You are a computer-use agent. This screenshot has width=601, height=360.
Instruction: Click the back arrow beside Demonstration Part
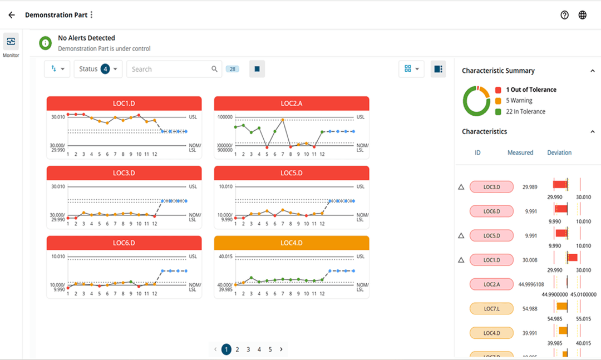12,15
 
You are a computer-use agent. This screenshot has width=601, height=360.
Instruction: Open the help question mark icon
564,15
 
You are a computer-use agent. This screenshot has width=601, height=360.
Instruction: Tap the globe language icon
582,15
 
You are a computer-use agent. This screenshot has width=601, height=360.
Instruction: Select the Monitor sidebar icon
11,41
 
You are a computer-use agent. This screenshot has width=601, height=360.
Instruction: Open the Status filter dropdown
98,69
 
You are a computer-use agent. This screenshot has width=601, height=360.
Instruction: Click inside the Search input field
170,69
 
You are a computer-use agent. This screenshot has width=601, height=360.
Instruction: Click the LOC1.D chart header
124,103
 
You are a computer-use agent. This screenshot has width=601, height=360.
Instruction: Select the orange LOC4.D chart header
291,243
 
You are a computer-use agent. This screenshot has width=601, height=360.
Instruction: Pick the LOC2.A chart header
291,103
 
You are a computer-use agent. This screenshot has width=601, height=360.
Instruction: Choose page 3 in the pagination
248,349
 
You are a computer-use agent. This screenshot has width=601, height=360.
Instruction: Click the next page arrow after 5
281,349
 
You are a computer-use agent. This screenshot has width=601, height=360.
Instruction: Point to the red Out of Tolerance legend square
498,90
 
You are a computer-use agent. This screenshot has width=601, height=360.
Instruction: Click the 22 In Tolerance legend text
525,112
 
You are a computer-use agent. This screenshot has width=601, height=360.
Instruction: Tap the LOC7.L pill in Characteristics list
491,308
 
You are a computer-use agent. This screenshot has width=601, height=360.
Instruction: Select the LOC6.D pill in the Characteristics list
491,211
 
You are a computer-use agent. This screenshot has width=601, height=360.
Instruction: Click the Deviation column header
559,152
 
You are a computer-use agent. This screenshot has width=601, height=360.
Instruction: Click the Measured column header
520,152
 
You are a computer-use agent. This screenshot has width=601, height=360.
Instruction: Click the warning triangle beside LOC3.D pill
461,187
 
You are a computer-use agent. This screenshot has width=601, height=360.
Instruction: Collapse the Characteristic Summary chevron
592,71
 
